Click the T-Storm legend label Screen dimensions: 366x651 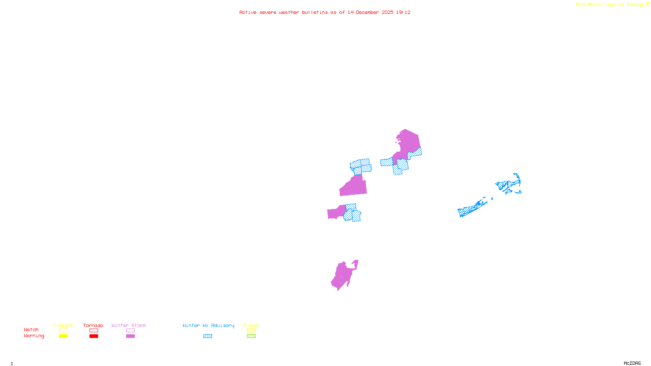pos(63,325)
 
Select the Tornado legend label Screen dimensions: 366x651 pos(93,325)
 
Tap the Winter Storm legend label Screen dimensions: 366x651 pos(129,325)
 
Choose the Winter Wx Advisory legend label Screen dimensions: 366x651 pos(208,325)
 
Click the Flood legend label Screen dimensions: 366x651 pos(251,325)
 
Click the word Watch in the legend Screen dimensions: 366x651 pos(31,329)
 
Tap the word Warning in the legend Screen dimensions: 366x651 pos(34,336)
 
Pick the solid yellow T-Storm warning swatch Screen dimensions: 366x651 pos(63,336)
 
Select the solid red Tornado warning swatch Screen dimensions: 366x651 pos(94,336)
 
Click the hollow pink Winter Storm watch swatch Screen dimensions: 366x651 pos(130,331)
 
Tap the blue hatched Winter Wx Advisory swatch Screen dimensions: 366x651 pos(208,336)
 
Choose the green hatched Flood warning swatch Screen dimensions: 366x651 pos(251,336)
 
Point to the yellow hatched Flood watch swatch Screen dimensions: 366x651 pos(251,331)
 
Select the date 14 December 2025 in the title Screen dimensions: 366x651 pos(370,12)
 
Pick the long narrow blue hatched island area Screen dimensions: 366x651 pos(472,209)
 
